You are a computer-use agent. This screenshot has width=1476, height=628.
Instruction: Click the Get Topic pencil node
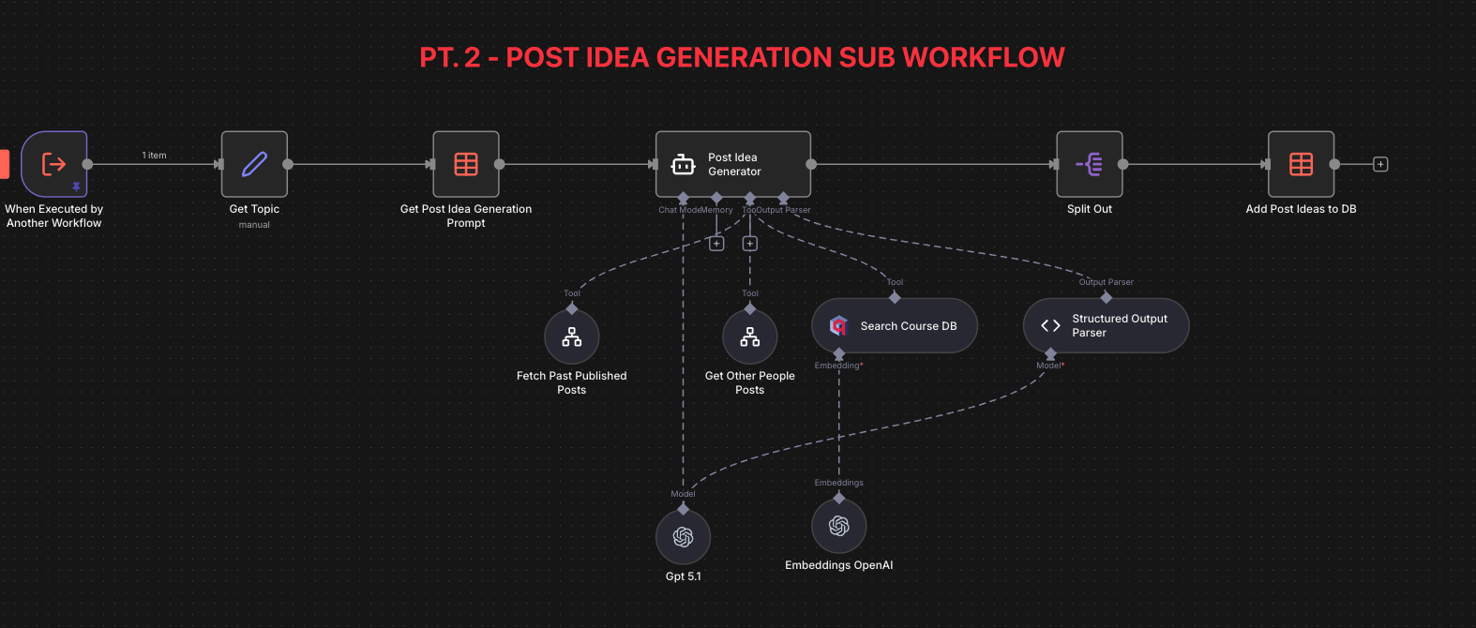254,164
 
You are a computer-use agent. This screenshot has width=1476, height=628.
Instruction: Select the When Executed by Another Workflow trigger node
54,164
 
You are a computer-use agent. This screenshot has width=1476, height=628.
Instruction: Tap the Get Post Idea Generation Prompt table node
466,164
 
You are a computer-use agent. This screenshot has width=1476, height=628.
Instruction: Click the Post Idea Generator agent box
733,164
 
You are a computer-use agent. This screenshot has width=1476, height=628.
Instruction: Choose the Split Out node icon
1090,164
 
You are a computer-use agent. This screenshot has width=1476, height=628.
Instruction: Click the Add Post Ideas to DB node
1302,164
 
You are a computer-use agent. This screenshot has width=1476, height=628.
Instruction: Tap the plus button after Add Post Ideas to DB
1380,164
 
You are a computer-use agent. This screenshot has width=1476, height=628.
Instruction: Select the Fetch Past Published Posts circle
572,336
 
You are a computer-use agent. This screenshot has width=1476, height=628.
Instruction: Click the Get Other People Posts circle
750,336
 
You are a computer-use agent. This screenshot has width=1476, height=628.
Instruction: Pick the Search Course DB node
895,326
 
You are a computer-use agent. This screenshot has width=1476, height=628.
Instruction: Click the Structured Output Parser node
1107,326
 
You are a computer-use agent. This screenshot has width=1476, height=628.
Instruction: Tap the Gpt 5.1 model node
684,537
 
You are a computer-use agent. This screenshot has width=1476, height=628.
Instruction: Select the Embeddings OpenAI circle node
839,526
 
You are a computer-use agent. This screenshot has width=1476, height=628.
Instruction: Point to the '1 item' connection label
155,156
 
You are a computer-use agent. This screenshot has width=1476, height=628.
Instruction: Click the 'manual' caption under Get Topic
254,225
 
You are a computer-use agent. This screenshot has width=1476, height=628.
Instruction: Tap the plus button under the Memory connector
716,244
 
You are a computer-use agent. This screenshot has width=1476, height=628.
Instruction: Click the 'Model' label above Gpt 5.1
684,494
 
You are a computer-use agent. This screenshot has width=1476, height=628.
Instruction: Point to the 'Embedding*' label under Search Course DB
838,366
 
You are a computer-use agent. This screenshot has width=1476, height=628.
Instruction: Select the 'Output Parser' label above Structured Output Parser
1107,282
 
